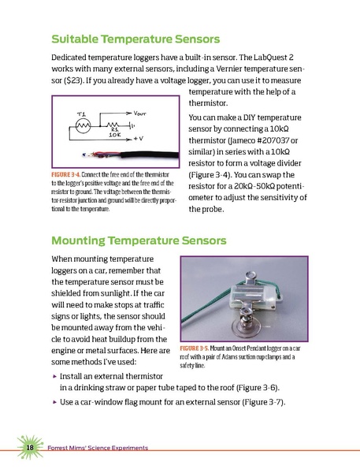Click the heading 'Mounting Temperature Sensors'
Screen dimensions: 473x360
pyautogui.click(x=138, y=240)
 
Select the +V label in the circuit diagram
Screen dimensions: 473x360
pyautogui.click(x=138, y=138)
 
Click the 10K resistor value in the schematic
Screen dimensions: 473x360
pyautogui.click(x=110, y=139)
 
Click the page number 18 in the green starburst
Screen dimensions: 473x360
pyautogui.click(x=28, y=448)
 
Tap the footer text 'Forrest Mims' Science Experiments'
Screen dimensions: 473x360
pyautogui.click(x=98, y=448)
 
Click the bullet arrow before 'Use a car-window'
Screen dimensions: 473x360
pyautogui.click(x=53, y=403)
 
